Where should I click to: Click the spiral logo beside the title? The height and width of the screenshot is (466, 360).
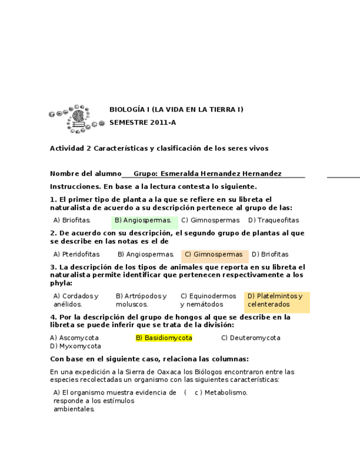[76, 119]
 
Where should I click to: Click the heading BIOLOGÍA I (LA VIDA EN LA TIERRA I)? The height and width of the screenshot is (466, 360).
[176, 109]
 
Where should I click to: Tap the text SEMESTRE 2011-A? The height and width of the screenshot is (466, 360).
[142, 123]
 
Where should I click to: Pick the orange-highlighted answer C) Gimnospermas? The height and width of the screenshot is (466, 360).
[213, 254]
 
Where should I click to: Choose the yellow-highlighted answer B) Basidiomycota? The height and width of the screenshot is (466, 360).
[164, 338]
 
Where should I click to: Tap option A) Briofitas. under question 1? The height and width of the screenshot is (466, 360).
[72, 220]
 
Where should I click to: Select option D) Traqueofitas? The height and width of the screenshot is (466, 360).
[274, 220]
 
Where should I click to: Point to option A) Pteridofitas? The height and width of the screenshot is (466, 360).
[76, 254]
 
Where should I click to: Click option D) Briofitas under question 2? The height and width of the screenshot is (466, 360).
[270, 254]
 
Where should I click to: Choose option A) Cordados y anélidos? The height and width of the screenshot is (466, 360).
[76, 300]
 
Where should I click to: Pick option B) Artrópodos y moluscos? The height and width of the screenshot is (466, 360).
[141, 300]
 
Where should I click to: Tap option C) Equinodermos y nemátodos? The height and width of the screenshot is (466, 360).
[208, 300]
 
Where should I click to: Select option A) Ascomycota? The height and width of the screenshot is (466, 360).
[74, 338]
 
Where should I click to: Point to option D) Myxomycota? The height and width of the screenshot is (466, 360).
[75, 346]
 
